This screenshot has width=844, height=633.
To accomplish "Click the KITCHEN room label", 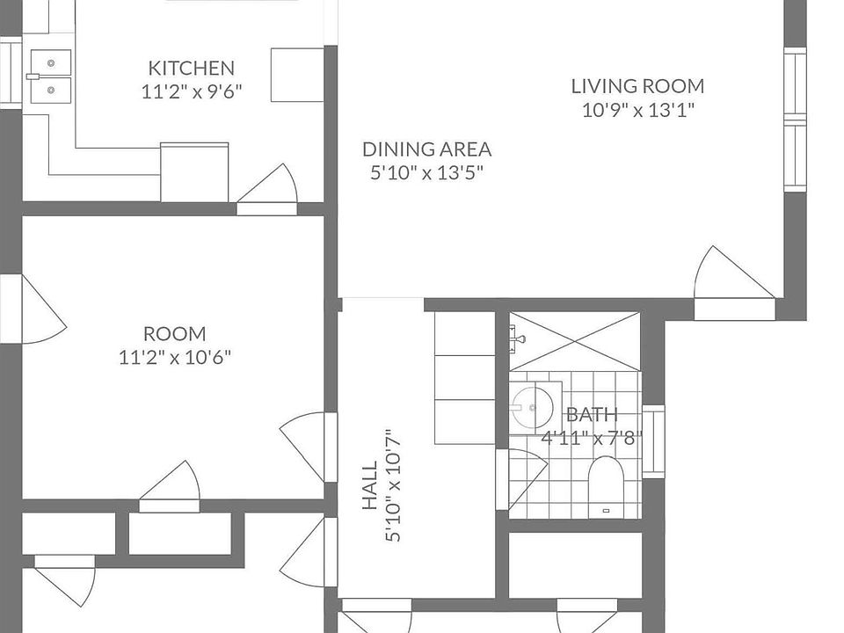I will pyautogui.click(x=191, y=68).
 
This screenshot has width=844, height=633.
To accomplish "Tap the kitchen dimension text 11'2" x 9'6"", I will pyautogui.click(x=191, y=91).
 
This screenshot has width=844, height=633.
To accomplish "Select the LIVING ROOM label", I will pyautogui.click(x=637, y=86).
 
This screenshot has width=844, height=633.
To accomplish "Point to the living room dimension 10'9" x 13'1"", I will pyautogui.click(x=637, y=110).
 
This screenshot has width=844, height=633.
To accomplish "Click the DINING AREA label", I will pyautogui.click(x=426, y=149).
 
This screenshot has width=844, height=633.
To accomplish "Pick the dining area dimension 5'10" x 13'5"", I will pyautogui.click(x=426, y=173).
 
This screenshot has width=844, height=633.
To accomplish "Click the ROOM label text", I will pyautogui.click(x=174, y=334).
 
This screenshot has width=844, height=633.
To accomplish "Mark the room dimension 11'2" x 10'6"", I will pyautogui.click(x=174, y=358).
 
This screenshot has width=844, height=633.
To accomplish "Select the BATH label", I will pyautogui.click(x=592, y=415).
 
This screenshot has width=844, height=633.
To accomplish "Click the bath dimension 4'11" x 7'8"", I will pyautogui.click(x=592, y=438).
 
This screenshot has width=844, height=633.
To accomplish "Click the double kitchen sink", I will pyautogui.click(x=50, y=76).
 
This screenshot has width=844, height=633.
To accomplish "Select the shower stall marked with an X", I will pyautogui.click(x=575, y=341).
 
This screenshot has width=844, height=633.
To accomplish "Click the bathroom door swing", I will pyautogui.click(x=524, y=475).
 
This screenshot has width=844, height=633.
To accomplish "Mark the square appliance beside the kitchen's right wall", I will pyautogui.click(x=296, y=76).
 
